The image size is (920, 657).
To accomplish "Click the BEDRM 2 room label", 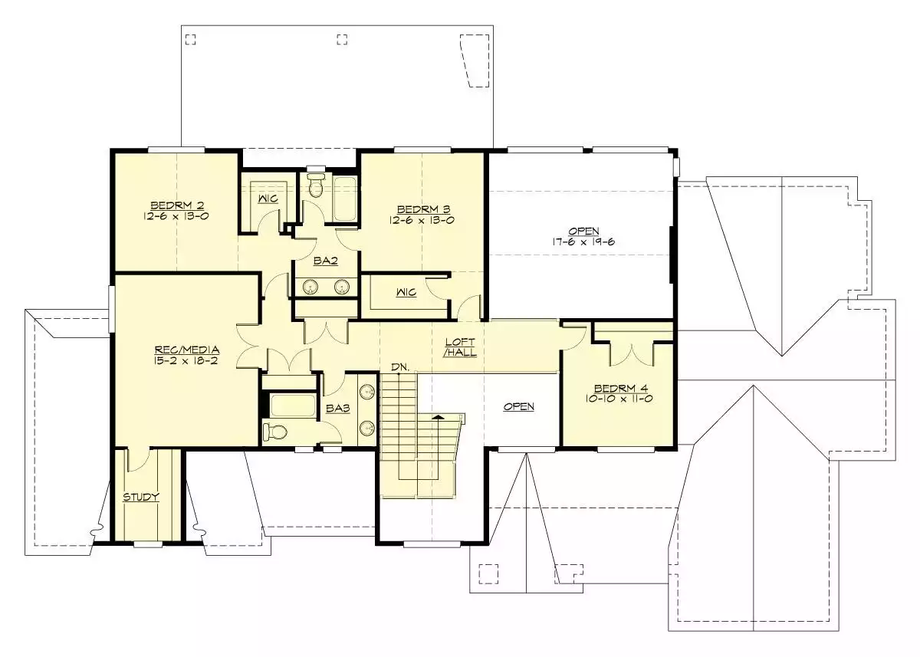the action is point(177,205).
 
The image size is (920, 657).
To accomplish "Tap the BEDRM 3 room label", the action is point(423,209).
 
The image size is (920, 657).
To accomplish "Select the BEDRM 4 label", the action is point(620,388).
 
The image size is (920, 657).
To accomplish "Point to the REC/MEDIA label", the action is point(187,350).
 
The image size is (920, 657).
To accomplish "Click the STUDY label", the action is point(141,497).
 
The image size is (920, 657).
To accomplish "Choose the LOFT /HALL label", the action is point(460,347).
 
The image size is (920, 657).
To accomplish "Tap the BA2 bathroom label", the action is point(326,261).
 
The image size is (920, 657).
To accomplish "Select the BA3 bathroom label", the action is point(337,408).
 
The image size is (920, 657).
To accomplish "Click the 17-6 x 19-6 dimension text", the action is point(583,241).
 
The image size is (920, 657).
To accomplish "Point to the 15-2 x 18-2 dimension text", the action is point(186,361).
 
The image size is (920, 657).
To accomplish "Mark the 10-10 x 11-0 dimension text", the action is point(619,399).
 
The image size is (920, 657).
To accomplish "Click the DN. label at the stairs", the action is point(400,367).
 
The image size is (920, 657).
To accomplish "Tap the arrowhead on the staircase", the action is point(439,417).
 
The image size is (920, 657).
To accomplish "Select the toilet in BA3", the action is point(274,432).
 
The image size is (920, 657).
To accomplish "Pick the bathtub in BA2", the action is point(344,199).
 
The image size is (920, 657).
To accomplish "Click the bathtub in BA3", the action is point(293,406).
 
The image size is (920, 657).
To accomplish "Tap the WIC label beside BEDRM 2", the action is point(268,199).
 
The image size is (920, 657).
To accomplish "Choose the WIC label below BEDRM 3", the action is point(406,292).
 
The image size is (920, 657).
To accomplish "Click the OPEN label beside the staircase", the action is point(519,406).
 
